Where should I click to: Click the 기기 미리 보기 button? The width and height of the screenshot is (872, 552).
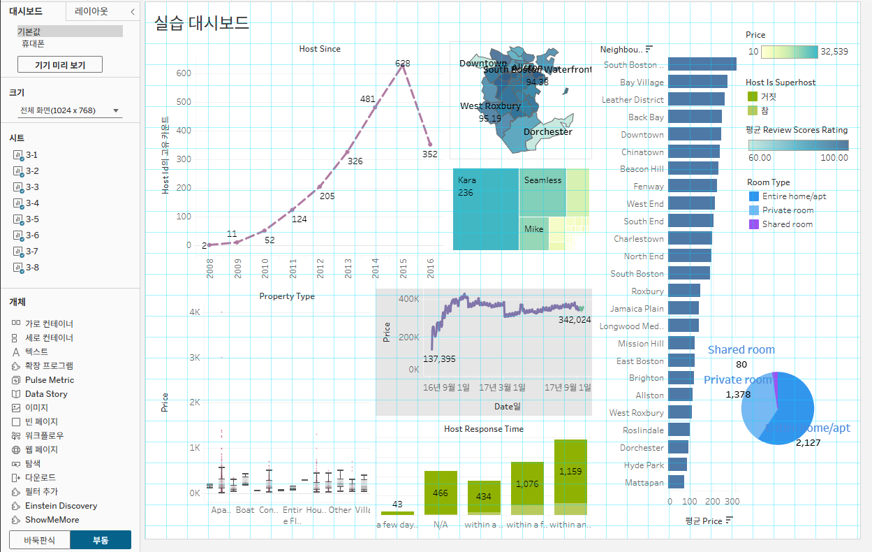coord(60,65)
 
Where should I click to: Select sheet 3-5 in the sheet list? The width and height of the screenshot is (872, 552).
coord(31,219)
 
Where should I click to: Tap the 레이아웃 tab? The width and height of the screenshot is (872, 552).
coord(91,11)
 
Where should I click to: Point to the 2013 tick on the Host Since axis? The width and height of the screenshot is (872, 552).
coord(348,268)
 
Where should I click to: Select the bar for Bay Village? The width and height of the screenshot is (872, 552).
coord(697,82)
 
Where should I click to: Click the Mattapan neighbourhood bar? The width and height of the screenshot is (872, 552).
coord(676,482)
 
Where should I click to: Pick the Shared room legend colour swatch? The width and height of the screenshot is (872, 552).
coord(753,224)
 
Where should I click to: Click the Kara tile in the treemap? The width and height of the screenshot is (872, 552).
coord(485,209)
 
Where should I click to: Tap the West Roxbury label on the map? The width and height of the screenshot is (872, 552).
coord(490,106)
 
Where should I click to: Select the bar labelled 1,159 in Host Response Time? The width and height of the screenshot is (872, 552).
coord(570,472)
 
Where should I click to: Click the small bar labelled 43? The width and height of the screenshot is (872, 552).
coord(397,514)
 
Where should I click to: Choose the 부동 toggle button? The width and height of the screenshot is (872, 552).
coord(105,539)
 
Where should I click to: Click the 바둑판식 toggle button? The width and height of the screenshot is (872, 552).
coord(39,539)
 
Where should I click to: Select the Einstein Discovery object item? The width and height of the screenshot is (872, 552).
coord(61,506)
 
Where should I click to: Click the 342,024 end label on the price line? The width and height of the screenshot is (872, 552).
coord(575,319)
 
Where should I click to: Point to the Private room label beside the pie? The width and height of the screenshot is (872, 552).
coord(737,379)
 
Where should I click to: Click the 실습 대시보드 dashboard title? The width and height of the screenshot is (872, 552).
coord(202,22)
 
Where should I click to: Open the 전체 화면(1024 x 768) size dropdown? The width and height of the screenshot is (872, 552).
coord(70,110)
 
